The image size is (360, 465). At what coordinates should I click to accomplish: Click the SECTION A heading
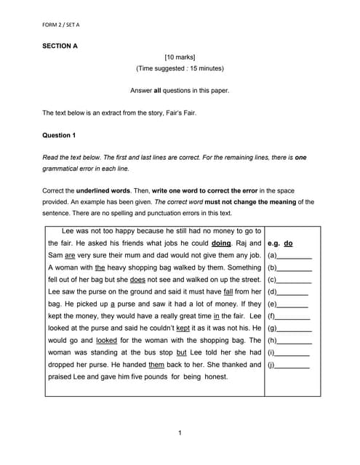(x=60, y=46)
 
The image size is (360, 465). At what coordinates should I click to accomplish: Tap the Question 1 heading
(x=58, y=135)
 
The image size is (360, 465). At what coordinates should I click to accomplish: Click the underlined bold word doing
(x=221, y=243)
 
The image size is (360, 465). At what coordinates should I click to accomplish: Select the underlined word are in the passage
(x=70, y=256)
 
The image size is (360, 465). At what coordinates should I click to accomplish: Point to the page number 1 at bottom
(x=180, y=434)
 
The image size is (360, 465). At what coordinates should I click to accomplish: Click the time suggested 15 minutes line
(x=180, y=69)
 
